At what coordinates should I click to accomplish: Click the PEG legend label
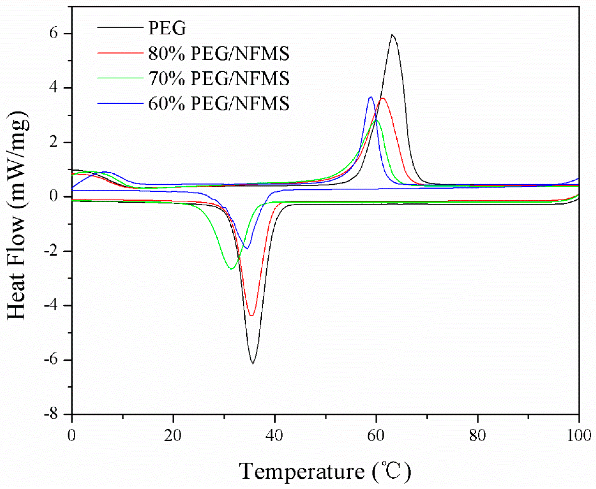[x=167, y=28]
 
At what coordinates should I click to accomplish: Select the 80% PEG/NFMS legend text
[x=219, y=54]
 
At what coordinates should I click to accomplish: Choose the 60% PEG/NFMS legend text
[x=219, y=103]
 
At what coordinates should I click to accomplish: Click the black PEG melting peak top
[x=392, y=35]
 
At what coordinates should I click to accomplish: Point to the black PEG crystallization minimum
[x=253, y=363]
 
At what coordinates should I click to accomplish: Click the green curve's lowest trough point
[x=231, y=269]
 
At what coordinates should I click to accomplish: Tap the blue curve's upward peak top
[x=371, y=97]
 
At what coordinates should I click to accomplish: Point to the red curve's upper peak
[x=383, y=99]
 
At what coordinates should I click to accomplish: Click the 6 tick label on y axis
[x=54, y=33]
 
